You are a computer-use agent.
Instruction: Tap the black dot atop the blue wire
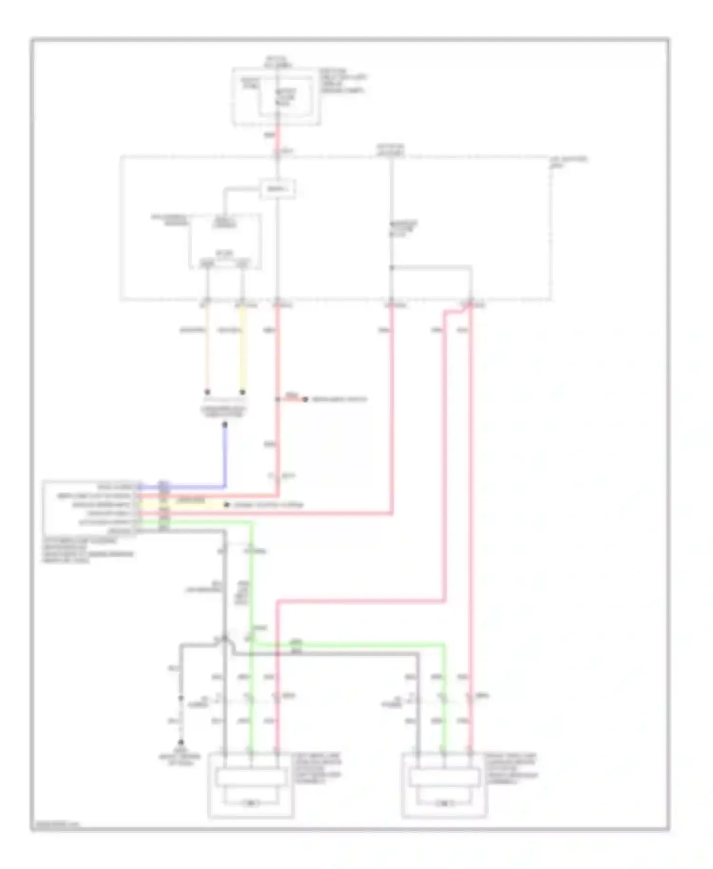[225, 424]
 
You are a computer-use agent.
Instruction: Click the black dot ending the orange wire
[207, 392]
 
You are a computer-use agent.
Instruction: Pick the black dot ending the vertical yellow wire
[242, 392]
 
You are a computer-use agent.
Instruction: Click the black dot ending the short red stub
[305, 399]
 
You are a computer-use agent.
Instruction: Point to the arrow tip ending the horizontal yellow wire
[227, 504]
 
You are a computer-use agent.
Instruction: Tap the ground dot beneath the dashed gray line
[181, 742]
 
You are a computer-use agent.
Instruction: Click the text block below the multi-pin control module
[88, 550]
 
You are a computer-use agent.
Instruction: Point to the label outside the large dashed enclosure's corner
[568, 162]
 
